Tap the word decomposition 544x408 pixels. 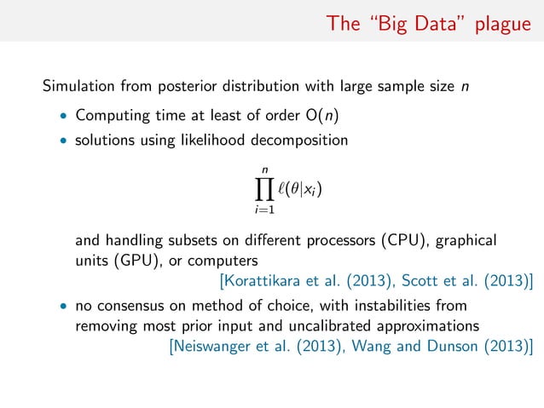click(301, 140)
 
